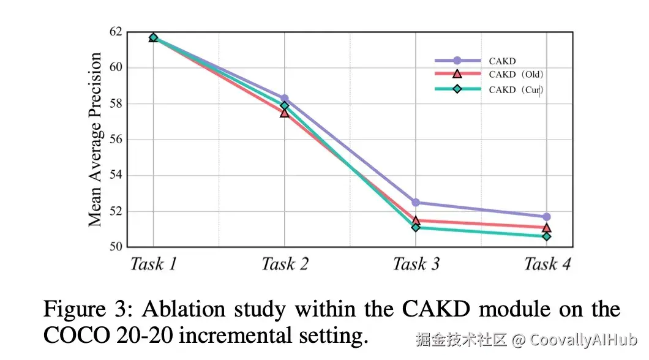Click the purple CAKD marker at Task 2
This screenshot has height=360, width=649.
point(284,98)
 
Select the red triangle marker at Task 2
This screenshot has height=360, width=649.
point(284,113)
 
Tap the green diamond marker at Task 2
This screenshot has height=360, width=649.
point(284,105)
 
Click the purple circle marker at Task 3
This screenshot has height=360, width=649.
point(416,202)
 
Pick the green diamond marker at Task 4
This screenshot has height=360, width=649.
point(546,236)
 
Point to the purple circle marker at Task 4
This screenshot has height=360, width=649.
point(546,217)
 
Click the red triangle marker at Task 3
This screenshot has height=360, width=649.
point(416,220)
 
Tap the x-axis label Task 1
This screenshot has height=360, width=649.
point(153,264)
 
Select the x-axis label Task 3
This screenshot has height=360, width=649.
point(416,264)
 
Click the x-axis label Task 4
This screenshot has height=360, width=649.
point(547,264)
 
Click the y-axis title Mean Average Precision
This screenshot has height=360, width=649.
point(95,140)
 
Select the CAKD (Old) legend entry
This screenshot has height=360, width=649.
point(516,75)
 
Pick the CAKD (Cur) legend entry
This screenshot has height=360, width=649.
point(516,89)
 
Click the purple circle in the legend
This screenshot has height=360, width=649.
point(457,61)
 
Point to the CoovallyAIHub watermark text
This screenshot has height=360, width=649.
point(583,339)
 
